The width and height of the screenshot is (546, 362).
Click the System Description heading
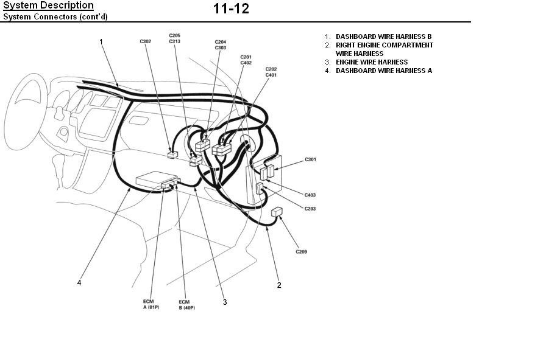click(49, 5)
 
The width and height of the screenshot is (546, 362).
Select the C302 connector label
click(145, 41)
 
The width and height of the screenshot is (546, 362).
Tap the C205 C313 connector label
click(174, 38)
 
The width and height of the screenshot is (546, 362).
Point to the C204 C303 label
click(220, 44)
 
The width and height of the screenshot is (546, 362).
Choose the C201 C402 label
click(246, 60)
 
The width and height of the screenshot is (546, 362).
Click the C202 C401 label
click(271, 72)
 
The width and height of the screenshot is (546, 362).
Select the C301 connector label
click(310, 159)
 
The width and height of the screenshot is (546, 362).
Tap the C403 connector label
click(310, 195)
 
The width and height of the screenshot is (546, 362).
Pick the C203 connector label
click(310, 209)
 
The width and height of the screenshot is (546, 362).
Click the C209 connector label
click(301, 251)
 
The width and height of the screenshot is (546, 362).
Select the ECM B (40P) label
click(183, 304)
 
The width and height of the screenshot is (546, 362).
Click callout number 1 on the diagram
click(101, 41)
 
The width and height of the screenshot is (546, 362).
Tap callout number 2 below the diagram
click(279, 285)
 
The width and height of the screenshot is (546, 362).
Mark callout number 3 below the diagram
click(224, 302)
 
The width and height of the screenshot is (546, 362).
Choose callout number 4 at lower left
click(79, 282)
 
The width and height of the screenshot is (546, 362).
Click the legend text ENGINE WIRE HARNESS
click(372, 62)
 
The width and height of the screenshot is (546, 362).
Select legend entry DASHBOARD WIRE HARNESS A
click(383, 71)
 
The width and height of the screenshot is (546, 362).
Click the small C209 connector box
click(277, 212)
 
